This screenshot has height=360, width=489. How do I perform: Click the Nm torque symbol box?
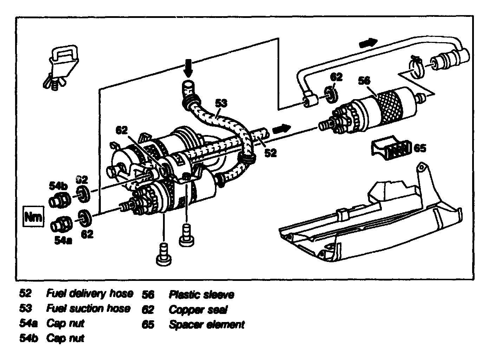click(34, 217)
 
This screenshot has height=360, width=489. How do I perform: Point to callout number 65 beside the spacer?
click(419, 148)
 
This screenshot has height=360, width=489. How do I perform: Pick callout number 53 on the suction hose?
click(221, 103)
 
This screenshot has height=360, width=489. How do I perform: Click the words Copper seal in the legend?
click(198, 309)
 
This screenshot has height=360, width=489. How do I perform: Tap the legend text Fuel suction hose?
click(88, 308)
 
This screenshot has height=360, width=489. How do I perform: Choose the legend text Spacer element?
click(206, 324)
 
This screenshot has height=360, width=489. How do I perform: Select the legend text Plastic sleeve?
click(201, 294)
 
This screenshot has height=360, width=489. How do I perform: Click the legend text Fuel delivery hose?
click(90, 293)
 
